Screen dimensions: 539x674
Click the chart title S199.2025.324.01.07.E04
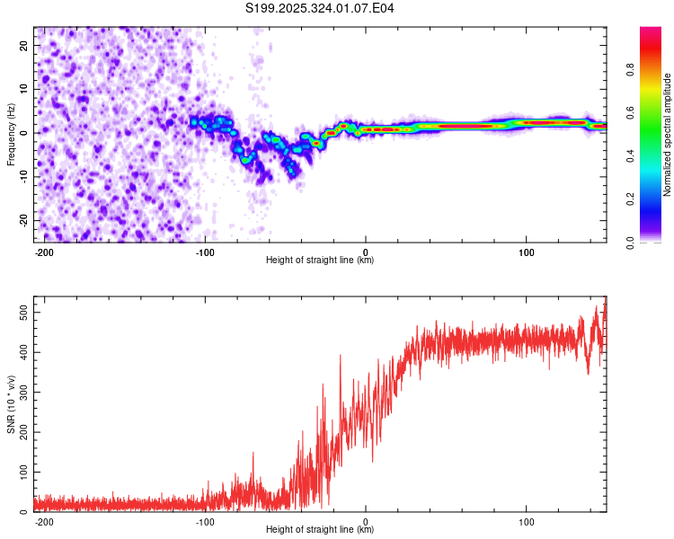click(320, 8)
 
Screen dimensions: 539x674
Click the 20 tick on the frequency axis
click(24, 45)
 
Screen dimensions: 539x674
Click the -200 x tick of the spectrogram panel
click(44, 252)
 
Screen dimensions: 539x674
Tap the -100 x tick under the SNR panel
click(205, 521)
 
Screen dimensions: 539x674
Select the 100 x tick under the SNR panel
click(526, 521)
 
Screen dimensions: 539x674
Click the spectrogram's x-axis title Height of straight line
click(320, 261)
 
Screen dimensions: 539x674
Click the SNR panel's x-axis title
click(320, 530)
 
